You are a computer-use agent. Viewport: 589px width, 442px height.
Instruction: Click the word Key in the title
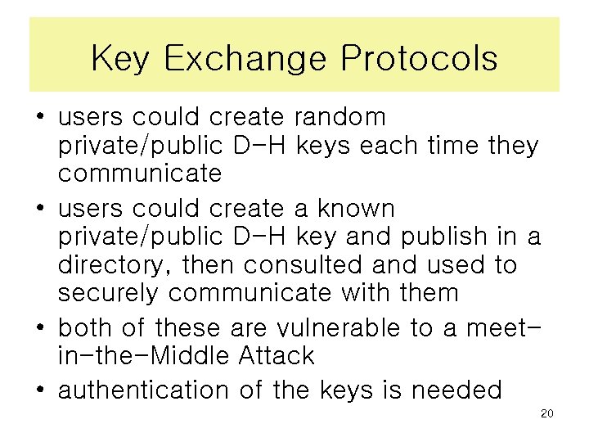tap(119, 59)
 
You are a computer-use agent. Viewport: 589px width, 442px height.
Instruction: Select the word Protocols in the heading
tap(419, 59)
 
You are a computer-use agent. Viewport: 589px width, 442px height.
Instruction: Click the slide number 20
tap(547, 413)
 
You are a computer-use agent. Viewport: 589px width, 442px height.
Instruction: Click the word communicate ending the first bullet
tap(140, 174)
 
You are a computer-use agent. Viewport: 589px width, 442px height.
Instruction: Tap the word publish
tap(441, 237)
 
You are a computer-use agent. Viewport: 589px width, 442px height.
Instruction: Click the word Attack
tap(274, 355)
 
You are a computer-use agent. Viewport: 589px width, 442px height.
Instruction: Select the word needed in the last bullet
tap(456, 390)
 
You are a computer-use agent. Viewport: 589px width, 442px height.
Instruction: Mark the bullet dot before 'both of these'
tap(39, 328)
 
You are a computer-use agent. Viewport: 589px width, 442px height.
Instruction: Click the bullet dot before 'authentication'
tap(39, 390)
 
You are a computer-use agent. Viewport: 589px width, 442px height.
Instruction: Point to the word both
tap(87, 327)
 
